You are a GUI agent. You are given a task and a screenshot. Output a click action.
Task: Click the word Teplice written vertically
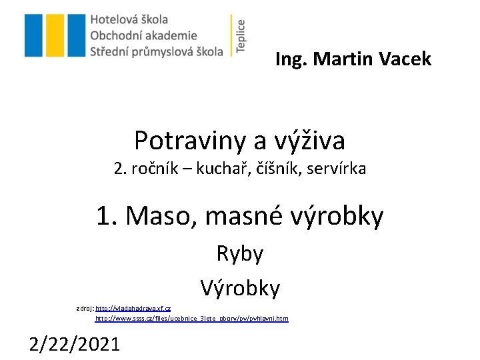coord(241,35)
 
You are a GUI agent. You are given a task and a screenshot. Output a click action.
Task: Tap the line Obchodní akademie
coord(143,36)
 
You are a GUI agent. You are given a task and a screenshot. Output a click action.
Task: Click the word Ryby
coord(240,253)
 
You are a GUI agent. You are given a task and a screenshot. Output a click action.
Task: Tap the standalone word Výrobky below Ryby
coord(240,288)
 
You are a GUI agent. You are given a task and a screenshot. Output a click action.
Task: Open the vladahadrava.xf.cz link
coord(133,309)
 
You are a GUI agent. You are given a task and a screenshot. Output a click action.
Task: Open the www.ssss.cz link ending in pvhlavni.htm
coord(192,319)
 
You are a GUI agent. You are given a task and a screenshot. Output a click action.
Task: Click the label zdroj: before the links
coord(85,309)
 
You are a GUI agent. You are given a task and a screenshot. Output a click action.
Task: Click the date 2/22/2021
coord(75,344)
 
